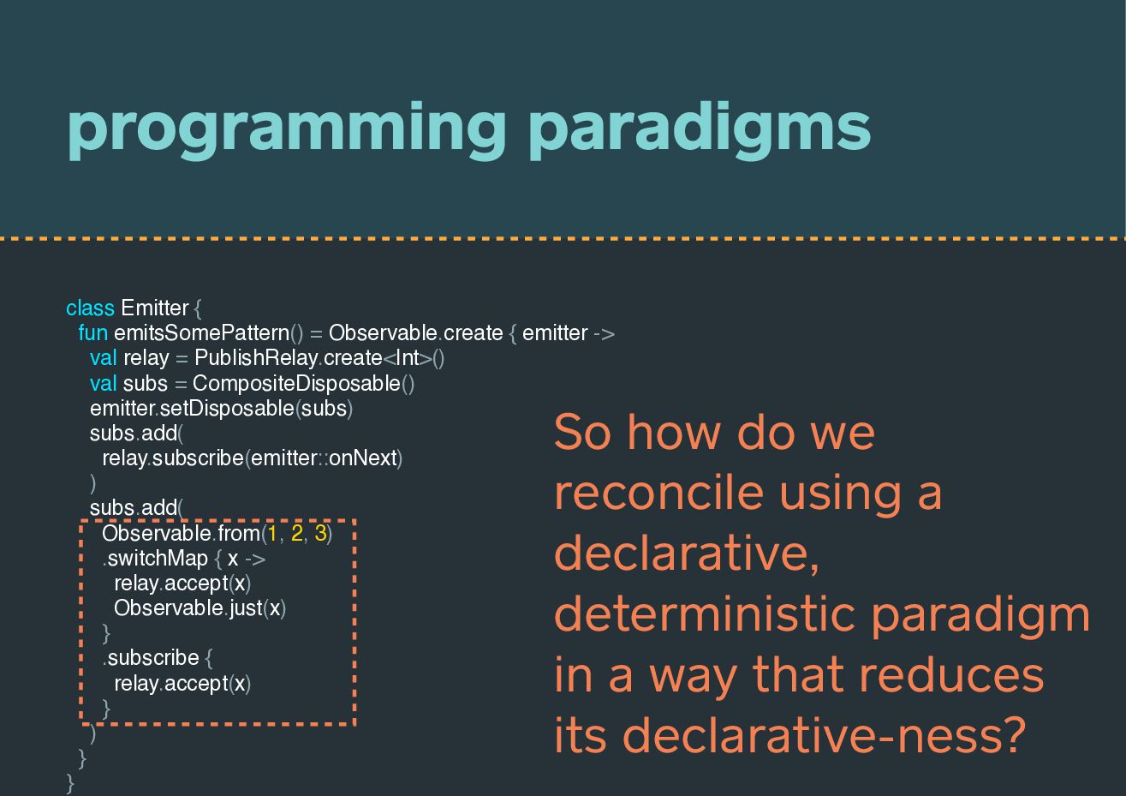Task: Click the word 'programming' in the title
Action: coord(286,131)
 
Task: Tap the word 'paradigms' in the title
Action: coord(700,131)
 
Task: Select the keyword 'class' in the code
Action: coord(91,308)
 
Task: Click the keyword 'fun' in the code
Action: coord(93,333)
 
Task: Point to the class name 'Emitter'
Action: coord(155,308)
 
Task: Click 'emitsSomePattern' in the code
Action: coord(201,333)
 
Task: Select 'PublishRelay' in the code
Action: coord(256,358)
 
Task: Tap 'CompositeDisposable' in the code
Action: coord(296,383)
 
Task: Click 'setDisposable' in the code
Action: coord(227,408)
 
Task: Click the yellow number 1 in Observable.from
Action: coord(272,533)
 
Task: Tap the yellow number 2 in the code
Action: coord(296,533)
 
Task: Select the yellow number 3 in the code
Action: coord(320,533)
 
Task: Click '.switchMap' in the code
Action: coord(155,559)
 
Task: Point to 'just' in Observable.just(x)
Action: coord(246,608)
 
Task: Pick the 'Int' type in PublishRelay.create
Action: coord(408,358)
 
